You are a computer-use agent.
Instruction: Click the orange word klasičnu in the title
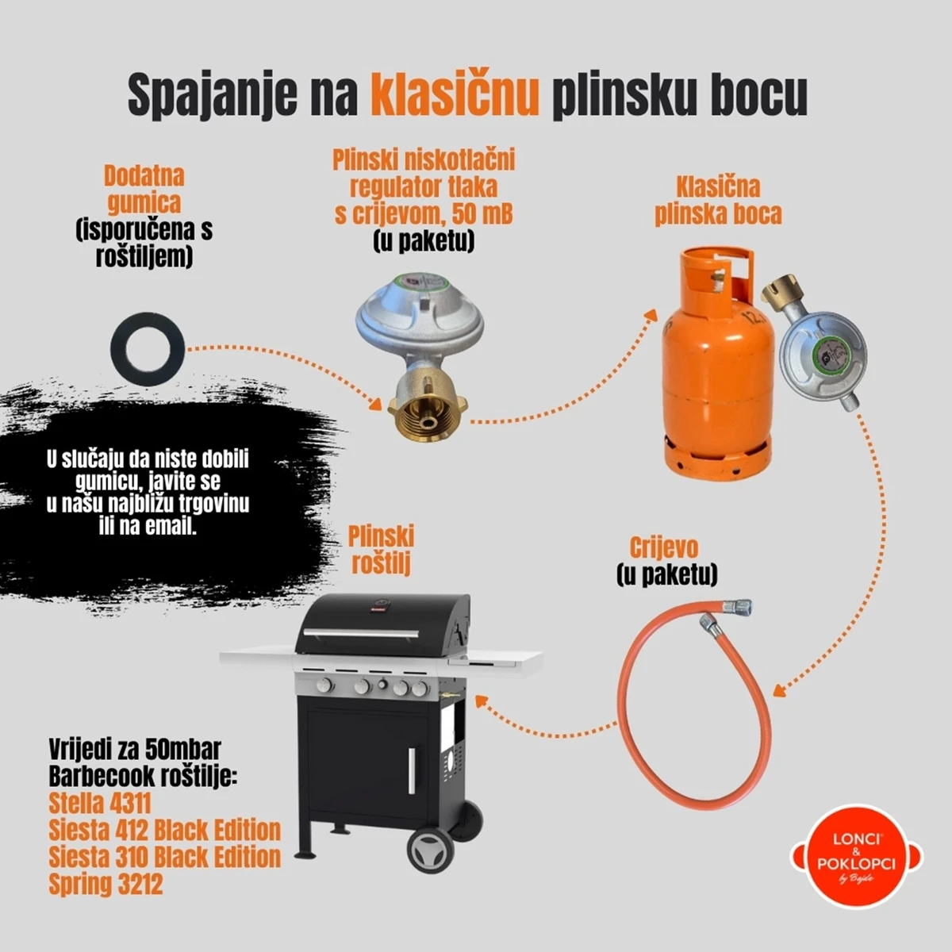(x=455, y=94)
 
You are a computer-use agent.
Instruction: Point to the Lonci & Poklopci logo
(x=856, y=863)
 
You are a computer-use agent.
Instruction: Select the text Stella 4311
(x=99, y=803)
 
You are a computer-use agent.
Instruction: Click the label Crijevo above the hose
(x=663, y=548)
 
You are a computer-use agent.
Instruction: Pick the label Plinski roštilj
(x=381, y=551)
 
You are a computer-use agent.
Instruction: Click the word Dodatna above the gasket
(x=144, y=176)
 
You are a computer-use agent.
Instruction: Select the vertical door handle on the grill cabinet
(x=411, y=771)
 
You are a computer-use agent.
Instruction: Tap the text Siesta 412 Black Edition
(x=164, y=830)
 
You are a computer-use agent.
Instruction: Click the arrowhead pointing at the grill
(x=482, y=701)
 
